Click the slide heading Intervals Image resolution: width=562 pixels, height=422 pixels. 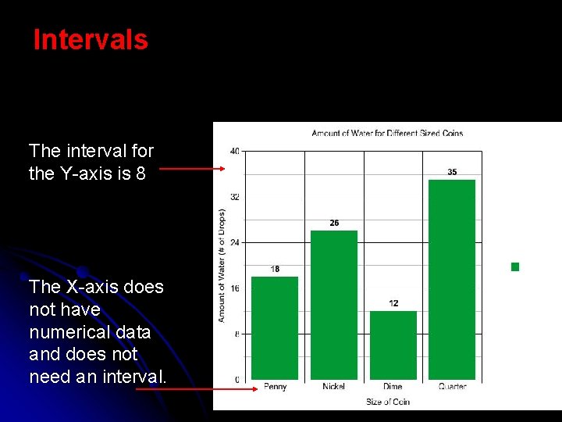coord(91,40)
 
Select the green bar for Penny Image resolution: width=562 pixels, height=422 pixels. coord(275,328)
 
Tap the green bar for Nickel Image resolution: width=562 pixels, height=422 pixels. coord(334,305)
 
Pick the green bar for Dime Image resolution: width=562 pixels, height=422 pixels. coord(393,345)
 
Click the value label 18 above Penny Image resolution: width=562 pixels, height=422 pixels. coord(275,270)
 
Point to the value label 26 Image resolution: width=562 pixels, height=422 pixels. coord(334,224)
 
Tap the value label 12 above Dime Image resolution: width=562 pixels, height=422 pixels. coord(393,303)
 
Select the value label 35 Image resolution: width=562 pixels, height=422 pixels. coord(453,172)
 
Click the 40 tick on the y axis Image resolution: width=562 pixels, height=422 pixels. coord(235,151)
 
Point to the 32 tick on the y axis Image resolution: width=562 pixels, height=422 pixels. coord(235,197)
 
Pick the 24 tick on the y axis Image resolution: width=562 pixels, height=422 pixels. coord(235,242)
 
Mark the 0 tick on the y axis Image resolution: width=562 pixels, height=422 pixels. coord(237,380)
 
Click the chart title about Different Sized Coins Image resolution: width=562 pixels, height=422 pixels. coord(387,133)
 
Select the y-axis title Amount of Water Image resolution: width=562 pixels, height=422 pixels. coord(222,266)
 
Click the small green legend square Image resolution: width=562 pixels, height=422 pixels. coord(515,266)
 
